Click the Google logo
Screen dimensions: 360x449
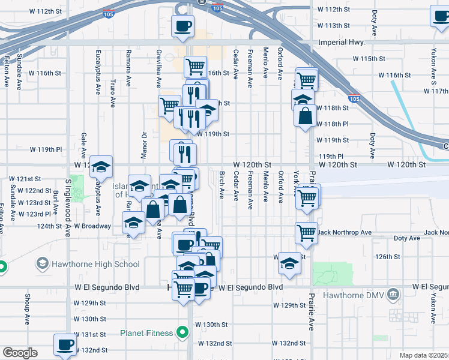pos(19,353)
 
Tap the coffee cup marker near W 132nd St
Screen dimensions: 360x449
pos(65,345)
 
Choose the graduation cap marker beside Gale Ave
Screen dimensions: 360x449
pos(101,166)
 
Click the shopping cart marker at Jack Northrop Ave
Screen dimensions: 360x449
pos(306,232)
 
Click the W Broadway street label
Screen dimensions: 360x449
pos(92,226)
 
